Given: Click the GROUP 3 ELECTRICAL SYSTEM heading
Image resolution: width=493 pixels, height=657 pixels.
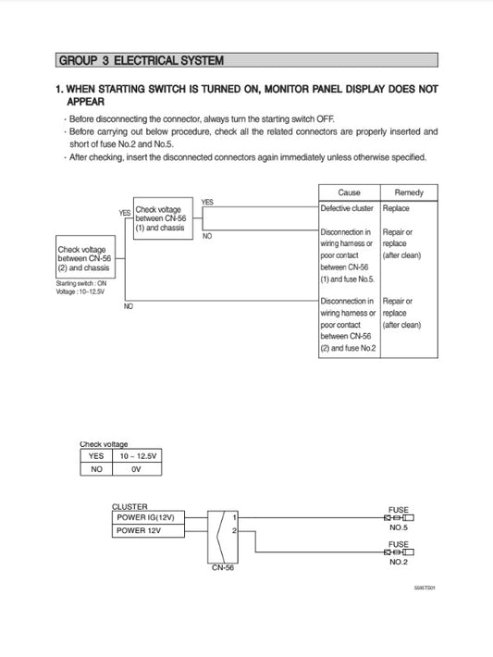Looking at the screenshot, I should click(141, 61).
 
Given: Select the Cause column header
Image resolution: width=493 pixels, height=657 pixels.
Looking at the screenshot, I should click(349, 192).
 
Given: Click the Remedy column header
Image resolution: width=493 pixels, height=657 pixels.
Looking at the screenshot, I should click(409, 192).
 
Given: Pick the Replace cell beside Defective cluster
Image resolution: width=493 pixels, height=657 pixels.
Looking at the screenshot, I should click(396, 208).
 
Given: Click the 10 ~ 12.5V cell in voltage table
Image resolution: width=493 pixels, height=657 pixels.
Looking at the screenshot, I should click(136, 456).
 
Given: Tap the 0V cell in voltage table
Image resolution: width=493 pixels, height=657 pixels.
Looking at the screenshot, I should click(136, 469).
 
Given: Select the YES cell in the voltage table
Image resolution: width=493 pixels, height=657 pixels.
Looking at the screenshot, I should click(95, 456).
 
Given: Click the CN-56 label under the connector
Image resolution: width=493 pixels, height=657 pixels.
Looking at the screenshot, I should click(223, 568).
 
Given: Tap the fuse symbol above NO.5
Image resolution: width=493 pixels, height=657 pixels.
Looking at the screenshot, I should click(398, 517).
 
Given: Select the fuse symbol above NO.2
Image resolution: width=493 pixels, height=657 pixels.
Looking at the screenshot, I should click(398, 552).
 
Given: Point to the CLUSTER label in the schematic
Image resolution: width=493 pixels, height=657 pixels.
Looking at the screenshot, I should click(129, 506).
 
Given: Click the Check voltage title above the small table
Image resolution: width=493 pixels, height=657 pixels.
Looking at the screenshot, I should click(104, 444).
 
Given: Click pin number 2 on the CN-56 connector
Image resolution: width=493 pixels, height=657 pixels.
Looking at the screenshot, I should click(236, 531).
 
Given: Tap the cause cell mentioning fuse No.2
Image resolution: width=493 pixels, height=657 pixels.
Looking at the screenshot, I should click(348, 329).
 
